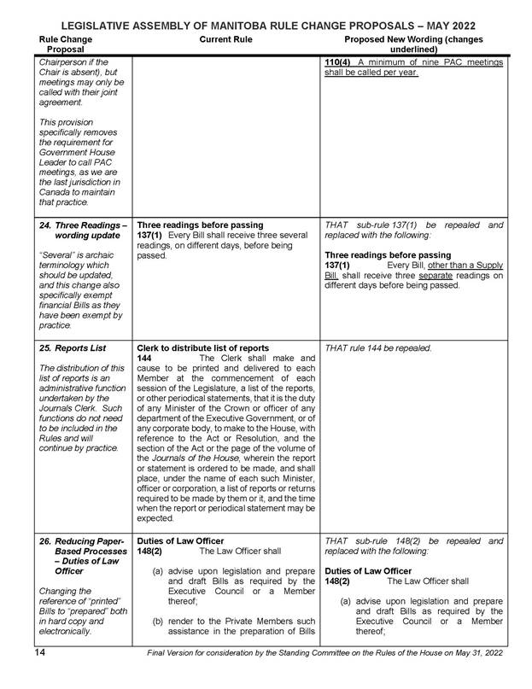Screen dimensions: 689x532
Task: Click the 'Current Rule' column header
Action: click(x=225, y=39)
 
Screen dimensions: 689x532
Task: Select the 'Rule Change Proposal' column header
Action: click(x=67, y=44)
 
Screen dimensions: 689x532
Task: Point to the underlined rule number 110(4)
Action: click(x=340, y=61)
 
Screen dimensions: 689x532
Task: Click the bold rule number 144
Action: click(x=145, y=358)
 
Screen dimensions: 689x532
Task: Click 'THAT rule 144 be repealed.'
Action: click(x=379, y=347)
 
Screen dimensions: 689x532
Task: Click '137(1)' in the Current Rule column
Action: click(x=151, y=235)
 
